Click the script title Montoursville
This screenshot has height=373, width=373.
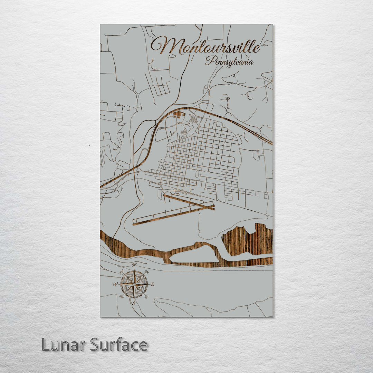click(205, 47)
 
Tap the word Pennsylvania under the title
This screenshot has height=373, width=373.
click(229, 62)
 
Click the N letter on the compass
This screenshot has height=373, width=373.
click(134, 265)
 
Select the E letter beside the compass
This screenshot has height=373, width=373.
click(152, 284)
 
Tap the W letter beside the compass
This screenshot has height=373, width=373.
click(115, 285)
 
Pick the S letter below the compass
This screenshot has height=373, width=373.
click(134, 303)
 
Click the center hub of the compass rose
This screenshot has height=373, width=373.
click(134, 284)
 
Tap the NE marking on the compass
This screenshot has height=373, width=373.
click(146, 272)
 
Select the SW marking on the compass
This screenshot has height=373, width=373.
click(122, 296)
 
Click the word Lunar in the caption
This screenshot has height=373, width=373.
click(64, 345)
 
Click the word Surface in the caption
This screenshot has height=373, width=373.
click(119, 345)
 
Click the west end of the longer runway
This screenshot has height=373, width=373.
click(134, 223)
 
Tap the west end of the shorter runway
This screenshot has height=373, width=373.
click(165, 196)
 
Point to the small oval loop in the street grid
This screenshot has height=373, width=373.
click(197, 175)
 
